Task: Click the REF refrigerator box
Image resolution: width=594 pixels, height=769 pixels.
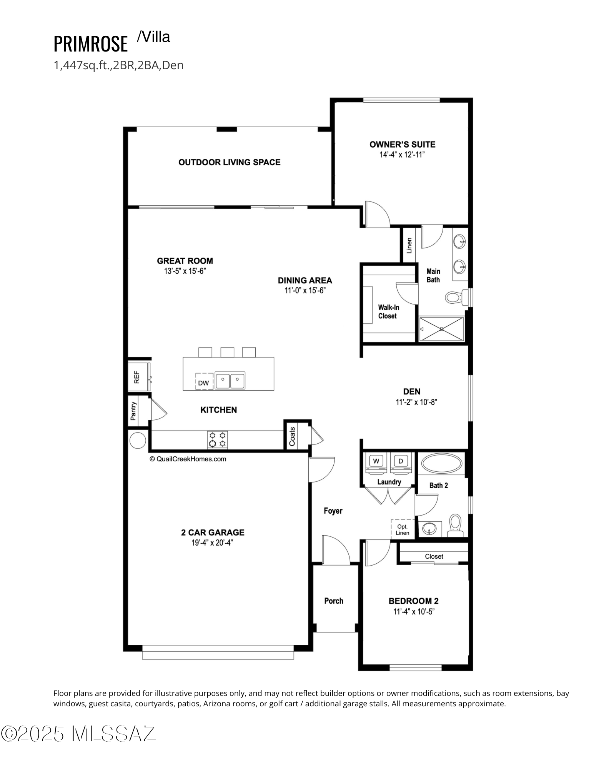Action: point(139,376)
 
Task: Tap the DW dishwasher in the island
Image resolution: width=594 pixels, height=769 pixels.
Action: point(204,381)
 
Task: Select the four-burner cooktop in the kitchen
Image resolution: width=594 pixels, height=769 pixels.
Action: point(217,439)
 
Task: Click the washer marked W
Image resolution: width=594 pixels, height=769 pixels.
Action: point(376,463)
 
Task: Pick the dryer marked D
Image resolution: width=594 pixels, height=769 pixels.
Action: point(401,463)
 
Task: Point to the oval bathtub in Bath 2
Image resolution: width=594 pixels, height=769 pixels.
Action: point(442,464)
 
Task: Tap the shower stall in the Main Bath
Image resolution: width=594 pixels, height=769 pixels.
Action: point(441,329)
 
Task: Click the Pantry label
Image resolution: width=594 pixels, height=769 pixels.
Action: point(133,411)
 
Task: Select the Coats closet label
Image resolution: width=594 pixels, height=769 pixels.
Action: point(292,436)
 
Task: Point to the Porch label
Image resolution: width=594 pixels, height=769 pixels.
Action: point(334,601)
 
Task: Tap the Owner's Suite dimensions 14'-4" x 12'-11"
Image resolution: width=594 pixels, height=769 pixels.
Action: point(402,155)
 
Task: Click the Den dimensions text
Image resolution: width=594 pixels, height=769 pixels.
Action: point(417,402)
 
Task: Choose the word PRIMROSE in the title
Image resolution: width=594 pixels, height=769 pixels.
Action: point(90,43)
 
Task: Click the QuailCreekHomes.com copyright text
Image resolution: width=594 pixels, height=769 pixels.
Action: point(188,459)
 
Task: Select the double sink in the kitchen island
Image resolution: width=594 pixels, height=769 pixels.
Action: point(230,381)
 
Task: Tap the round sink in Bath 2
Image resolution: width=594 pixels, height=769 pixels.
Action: point(429,528)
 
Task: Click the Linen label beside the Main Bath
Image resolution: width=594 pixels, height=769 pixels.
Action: point(409,245)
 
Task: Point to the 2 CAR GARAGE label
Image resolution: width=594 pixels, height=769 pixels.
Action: point(213,533)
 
